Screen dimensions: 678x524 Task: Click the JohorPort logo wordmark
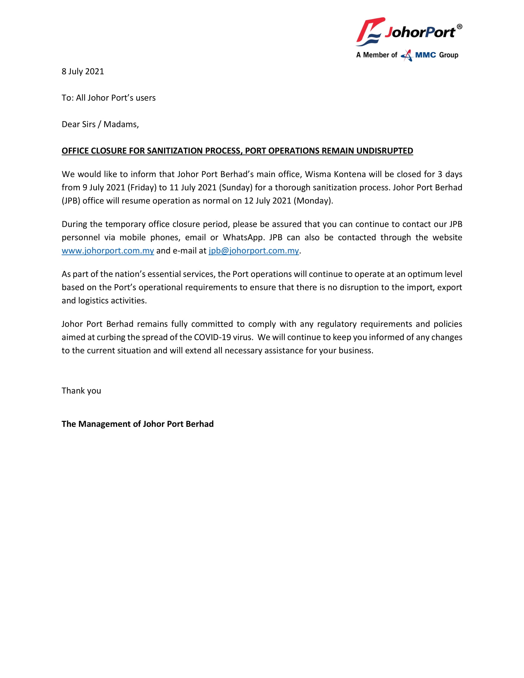tap(420, 32)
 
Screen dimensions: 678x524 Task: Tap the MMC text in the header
tap(425, 55)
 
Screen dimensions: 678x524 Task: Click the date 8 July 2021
tap(83, 71)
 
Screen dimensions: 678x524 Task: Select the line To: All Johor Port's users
tap(108, 98)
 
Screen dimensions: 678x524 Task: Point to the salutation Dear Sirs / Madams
tap(100, 124)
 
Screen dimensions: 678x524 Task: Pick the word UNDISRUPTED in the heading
tap(385, 151)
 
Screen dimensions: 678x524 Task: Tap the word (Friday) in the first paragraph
tap(142, 187)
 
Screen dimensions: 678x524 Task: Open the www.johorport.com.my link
tap(108, 251)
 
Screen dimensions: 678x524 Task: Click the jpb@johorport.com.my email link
tap(254, 251)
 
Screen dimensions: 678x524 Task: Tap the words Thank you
tap(81, 390)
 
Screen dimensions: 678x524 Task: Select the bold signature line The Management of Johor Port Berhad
tap(137, 424)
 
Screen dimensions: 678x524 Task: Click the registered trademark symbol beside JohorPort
tap(460, 27)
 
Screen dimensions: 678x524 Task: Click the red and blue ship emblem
tap(369, 31)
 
